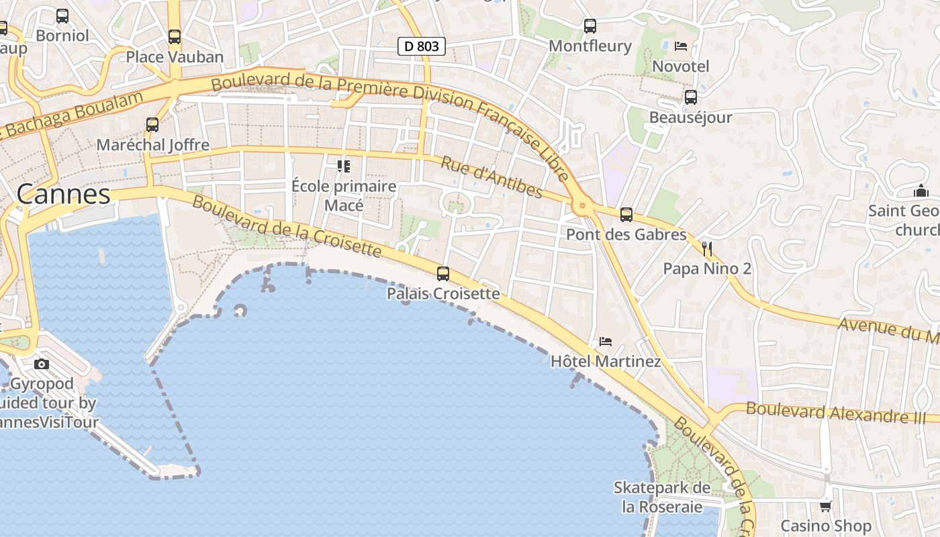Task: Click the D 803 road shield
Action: (422, 46)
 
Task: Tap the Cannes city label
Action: (63, 194)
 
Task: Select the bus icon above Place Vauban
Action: (175, 37)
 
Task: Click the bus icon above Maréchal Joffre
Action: (152, 125)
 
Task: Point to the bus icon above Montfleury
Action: (590, 26)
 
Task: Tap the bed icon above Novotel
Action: (681, 46)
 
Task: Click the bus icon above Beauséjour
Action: (691, 97)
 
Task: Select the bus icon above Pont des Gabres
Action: (626, 215)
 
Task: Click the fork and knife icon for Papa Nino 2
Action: (706, 249)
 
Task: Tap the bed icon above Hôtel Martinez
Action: (606, 341)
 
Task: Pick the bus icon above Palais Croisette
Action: (443, 274)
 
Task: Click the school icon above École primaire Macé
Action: (344, 166)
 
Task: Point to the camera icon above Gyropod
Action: (42, 364)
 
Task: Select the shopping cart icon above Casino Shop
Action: (826, 506)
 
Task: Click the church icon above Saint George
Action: (921, 191)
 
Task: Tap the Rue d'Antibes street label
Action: (491, 177)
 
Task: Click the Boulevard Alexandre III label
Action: (835, 411)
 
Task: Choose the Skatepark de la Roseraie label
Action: (662, 497)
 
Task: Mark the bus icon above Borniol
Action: (62, 15)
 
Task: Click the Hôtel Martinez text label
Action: (606, 362)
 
